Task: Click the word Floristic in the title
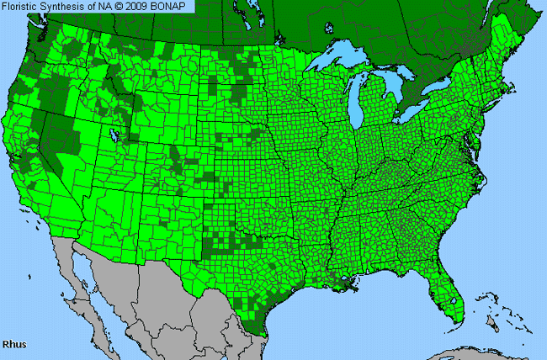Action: point(21,7)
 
